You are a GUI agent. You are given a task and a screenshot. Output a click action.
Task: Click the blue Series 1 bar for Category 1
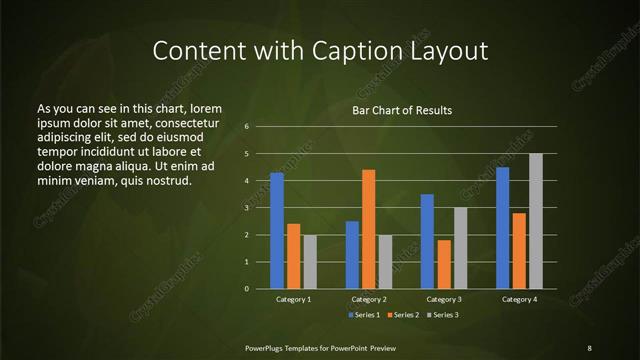pos(277,231)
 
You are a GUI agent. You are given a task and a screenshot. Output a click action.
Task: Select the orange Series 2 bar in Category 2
pos(368,229)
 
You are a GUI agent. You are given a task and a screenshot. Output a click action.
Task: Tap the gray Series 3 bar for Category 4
pos(535,221)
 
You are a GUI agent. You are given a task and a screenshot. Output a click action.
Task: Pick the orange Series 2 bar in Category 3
pos(443,264)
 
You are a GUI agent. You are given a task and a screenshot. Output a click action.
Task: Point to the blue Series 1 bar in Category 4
pos(502,228)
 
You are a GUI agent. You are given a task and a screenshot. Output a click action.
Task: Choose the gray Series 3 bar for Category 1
pos(310,262)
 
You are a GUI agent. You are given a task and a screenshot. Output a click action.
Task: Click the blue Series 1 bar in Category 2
pos(352,255)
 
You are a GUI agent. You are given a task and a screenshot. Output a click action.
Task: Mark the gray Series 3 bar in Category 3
pos(460,248)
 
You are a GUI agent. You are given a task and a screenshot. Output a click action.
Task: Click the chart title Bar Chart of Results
pos(402,110)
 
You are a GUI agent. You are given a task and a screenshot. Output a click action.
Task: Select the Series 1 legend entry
pos(363,315)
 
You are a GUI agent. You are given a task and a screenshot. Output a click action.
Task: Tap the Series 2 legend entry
pos(402,315)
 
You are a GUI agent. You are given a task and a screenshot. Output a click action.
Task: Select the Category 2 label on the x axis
pos(369,299)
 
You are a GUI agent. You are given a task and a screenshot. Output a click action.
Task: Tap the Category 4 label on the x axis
pos(518,299)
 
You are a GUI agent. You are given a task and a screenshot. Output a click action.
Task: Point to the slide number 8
pos(589,347)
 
